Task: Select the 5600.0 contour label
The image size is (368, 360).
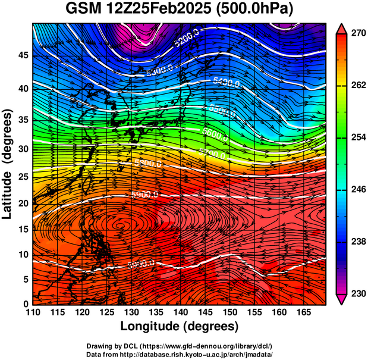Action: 216,134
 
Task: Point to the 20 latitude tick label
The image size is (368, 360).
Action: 23,204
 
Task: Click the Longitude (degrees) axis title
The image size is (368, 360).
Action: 179,326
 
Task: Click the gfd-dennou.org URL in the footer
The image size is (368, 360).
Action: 212,346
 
